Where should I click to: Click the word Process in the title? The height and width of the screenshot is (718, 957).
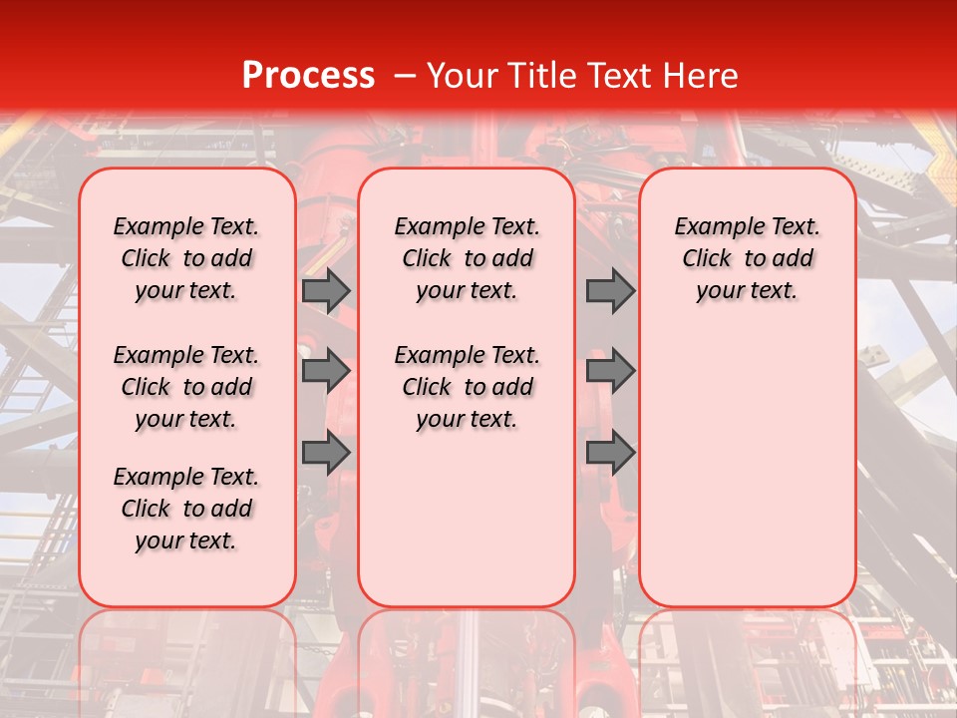(307, 76)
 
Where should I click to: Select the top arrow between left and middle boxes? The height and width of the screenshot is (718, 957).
(326, 290)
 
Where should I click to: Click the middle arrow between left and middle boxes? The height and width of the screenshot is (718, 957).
(326, 372)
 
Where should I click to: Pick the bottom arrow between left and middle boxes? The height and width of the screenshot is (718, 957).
(326, 453)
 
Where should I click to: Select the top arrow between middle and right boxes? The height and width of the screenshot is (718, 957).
(610, 290)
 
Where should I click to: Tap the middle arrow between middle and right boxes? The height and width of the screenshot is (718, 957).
(610, 372)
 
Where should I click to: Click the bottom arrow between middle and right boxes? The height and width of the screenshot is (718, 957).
(610, 453)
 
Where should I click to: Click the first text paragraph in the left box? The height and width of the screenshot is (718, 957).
(186, 258)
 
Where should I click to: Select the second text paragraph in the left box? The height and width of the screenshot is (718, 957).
(186, 387)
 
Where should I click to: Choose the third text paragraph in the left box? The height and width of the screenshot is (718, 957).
(186, 509)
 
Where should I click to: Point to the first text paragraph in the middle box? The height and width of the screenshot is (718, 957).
(467, 258)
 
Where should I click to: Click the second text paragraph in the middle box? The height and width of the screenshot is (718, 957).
(467, 387)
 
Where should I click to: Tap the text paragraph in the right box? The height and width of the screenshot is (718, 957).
(747, 258)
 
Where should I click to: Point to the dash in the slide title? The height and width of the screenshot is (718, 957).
(404, 76)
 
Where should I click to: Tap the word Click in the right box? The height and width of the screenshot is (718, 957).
(707, 259)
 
